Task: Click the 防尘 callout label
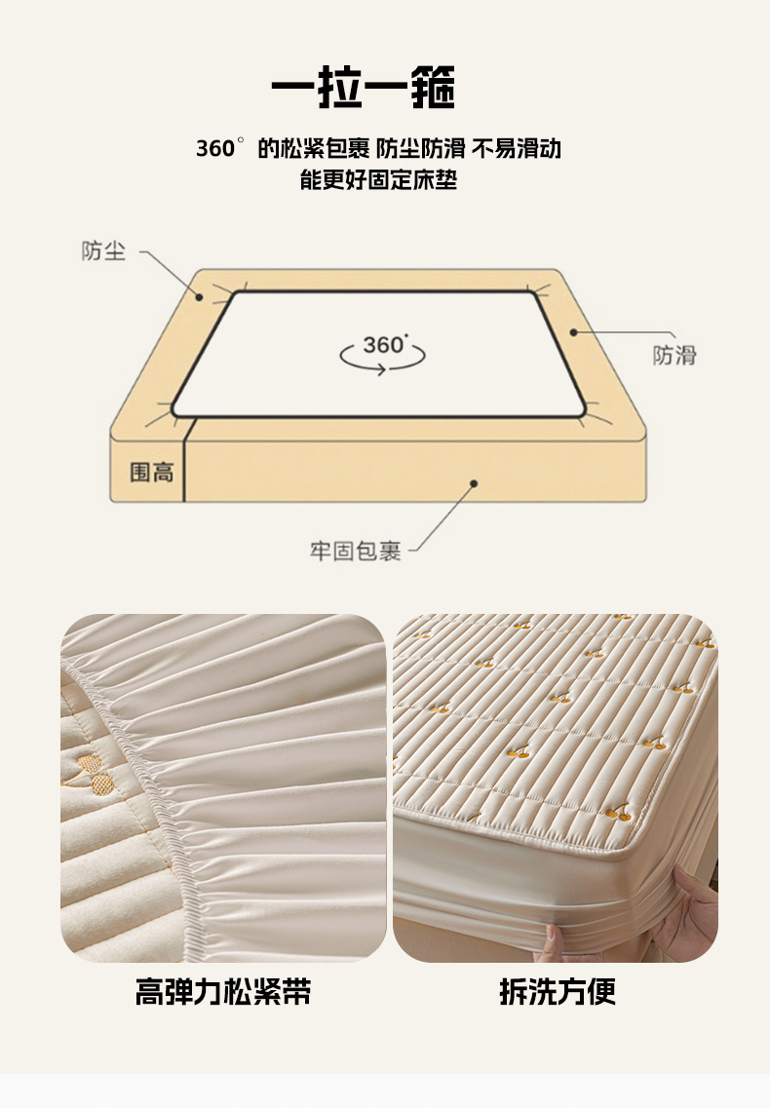[x=103, y=250]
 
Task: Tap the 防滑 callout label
[x=674, y=355]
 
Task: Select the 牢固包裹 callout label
[x=355, y=551]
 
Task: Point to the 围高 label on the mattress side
[x=151, y=472]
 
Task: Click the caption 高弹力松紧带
[x=223, y=991]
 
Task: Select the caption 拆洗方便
[x=558, y=991]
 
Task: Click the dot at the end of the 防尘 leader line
[x=200, y=297]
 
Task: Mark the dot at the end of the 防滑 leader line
[x=573, y=331]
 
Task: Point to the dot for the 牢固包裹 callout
[x=474, y=483]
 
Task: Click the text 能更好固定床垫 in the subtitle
[x=378, y=179]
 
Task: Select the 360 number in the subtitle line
[x=215, y=148]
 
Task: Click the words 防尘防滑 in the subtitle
[x=420, y=148]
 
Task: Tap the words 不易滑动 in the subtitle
[x=517, y=148]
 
